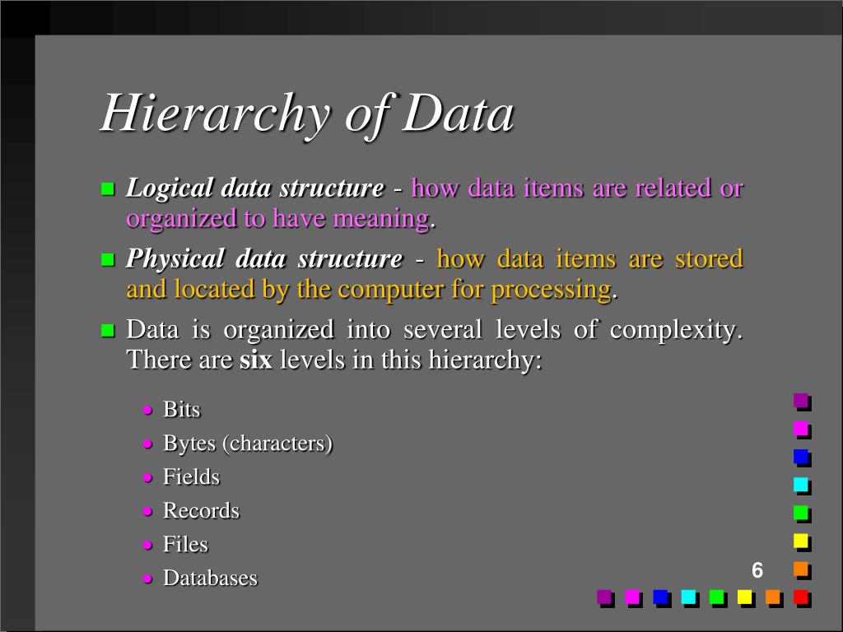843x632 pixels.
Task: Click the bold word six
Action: (255, 360)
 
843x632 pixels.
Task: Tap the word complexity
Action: (675, 330)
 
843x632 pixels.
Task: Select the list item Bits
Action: (181, 410)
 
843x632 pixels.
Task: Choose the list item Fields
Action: (191, 477)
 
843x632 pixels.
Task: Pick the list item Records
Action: (201, 511)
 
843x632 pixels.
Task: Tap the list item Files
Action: (185, 545)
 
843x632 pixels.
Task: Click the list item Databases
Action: (210, 579)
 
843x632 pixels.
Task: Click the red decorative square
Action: (799, 597)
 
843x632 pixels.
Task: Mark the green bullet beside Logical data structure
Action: (106, 189)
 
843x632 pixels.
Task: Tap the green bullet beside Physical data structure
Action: (106, 260)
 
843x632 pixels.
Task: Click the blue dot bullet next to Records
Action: (147, 512)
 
